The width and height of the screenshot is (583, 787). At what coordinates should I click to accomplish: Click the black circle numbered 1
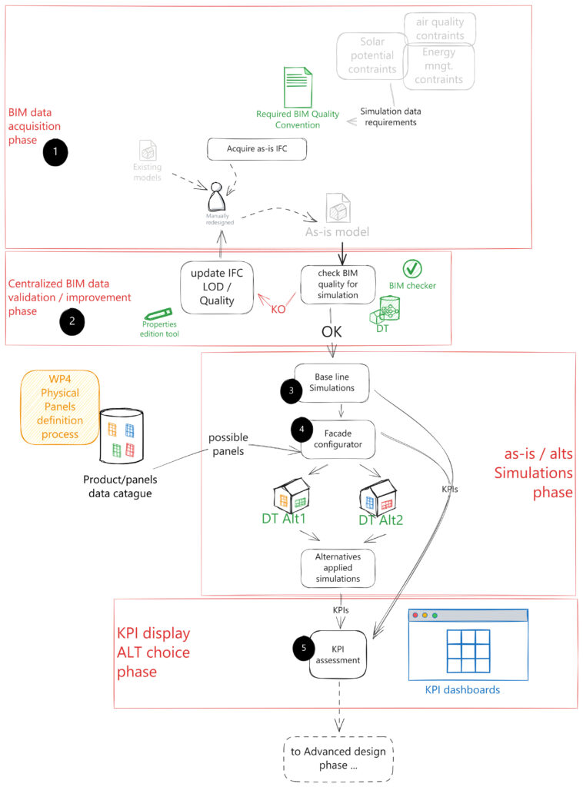[x=56, y=153]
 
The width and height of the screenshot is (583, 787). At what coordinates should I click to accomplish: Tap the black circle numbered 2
[x=72, y=323]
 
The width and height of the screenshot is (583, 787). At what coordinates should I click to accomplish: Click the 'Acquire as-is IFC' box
[x=257, y=149]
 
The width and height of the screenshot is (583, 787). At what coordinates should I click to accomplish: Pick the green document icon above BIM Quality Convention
[x=298, y=86]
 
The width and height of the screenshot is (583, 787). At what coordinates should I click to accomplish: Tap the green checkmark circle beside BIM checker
[x=413, y=268]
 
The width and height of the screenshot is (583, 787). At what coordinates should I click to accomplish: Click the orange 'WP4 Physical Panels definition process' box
[x=61, y=407]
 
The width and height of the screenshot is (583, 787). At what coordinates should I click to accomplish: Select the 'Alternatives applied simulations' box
[x=338, y=566]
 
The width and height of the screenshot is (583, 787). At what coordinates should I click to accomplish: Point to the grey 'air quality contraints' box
[x=439, y=28]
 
